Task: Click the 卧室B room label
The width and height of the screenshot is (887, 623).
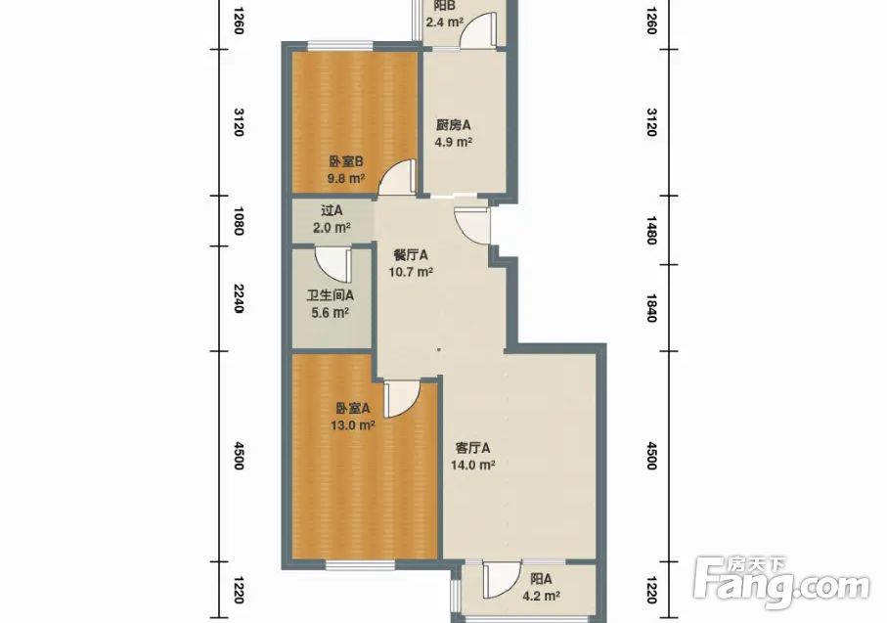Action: pyautogui.click(x=345, y=162)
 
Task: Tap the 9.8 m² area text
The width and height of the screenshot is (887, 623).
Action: pyautogui.click(x=345, y=179)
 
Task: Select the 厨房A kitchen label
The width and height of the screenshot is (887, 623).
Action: pyautogui.click(x=453, y=125)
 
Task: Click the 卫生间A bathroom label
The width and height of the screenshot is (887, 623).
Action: pyautogui.click(x=331, y=295)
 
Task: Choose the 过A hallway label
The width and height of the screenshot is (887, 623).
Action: pyautogui.click(x=333, y=211)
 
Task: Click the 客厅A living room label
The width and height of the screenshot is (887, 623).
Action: pyautogui.click(x=473, y=448)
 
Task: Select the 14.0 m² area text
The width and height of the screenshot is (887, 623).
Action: pyautogui.click(x=473, y=466)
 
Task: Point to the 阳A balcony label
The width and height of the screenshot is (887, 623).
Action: pyautogui.click(x=542, y=579)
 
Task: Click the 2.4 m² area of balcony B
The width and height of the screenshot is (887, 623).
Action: pyautogui.click(x=445, y=22)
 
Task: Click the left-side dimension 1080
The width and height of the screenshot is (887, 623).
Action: pyautogui.click(x=239, y=221)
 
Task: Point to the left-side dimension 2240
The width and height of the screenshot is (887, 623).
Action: pyautogui.click(x=239, y=298)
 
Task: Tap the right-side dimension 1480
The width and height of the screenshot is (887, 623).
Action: pyautogui.click(x=650, y=230)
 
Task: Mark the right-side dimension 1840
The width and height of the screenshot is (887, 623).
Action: pyautogui.click(x=650, y=308)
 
